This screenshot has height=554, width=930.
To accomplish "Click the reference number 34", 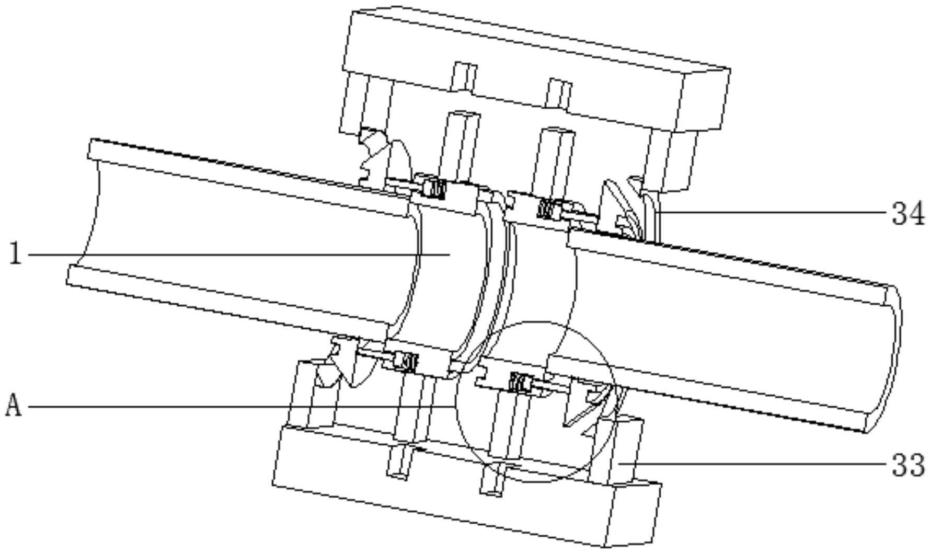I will (908, 214).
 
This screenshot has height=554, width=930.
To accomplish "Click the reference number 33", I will (908, 465).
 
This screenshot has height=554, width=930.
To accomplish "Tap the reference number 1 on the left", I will (16, 255).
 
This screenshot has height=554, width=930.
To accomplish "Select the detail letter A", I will (14, 406).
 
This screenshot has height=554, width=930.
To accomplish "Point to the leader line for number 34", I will (774, 213).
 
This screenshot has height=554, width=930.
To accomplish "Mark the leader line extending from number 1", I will (235, 255).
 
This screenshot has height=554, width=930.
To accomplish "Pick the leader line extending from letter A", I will (235, 406).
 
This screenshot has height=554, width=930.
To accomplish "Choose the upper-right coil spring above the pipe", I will (549, 210).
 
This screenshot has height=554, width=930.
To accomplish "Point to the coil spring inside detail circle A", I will (520, 383).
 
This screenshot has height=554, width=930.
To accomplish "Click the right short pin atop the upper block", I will (558, 93).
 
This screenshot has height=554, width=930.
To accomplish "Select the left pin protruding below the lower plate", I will (398, 463).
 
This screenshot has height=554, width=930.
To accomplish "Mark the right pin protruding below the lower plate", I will (492, 481).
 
